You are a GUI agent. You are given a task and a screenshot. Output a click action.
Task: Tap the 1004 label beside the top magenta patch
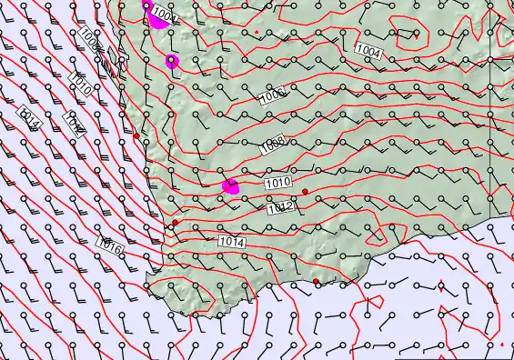(164, 14)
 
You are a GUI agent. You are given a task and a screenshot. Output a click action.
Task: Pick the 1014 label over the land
(231, 242)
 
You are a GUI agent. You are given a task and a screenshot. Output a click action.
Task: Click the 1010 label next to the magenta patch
(278, 184)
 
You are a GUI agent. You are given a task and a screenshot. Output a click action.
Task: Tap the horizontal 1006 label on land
(274, 93)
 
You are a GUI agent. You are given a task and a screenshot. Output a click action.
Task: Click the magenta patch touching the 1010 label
(231, 186)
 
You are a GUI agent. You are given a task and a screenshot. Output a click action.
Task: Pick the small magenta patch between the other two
(172, 61)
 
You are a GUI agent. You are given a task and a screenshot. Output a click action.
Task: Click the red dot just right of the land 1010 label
(306, 191)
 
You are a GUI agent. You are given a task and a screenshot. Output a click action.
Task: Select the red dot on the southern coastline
(317, 282)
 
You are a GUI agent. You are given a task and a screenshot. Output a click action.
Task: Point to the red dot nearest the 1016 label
(176, 223)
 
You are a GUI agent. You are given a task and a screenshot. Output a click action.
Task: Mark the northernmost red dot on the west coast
(136, 136)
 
